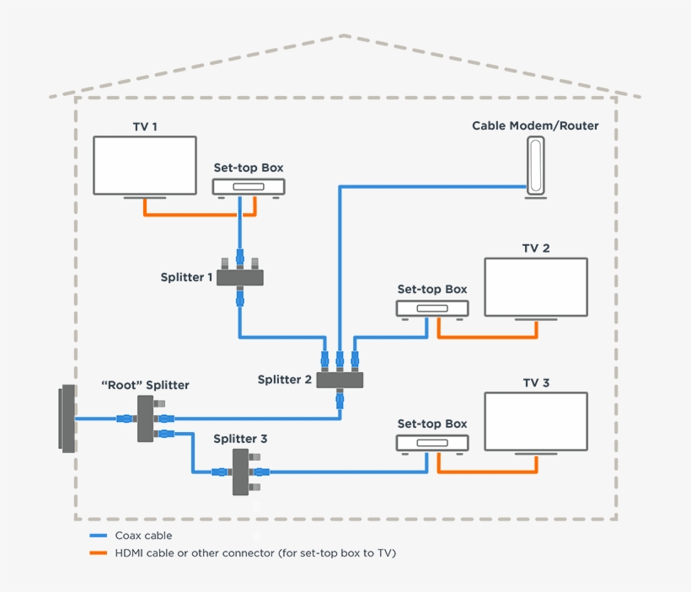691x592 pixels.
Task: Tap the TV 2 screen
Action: [x=536, y=287]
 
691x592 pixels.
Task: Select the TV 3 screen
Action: [x=536, y=421]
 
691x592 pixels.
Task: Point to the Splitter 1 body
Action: [x=241, y=276]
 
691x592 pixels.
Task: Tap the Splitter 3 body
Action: [x=240, y=472]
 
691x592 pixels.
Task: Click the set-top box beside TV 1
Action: [x=248, y=188]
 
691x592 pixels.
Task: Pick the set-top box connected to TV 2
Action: [x=431, y=309]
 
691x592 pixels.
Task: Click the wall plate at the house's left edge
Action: [x=67, y=419]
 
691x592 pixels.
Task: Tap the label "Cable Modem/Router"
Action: [x=535, y=126]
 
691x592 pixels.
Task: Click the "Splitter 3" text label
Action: [x=240, y=439]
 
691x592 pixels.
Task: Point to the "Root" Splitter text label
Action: [x=145, y=385]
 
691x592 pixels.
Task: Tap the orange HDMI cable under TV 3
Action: [x=487, y=472]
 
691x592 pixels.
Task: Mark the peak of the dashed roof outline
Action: [x=345, y=36]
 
